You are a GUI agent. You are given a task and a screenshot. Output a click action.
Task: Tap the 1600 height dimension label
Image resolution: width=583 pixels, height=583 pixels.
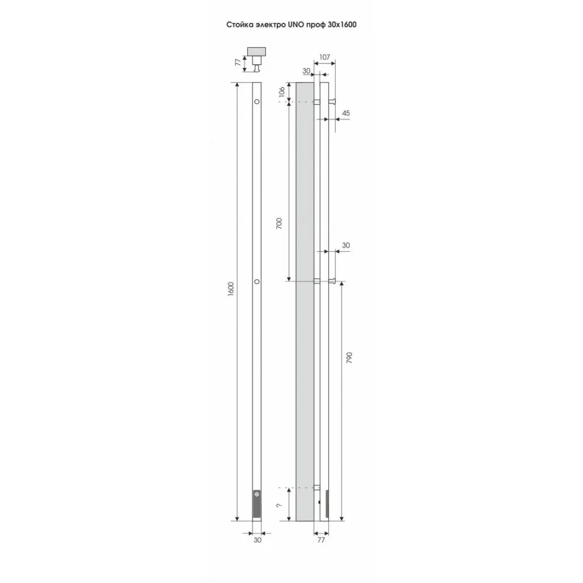230,289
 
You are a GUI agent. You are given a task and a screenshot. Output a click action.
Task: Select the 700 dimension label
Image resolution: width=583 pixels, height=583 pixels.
279,223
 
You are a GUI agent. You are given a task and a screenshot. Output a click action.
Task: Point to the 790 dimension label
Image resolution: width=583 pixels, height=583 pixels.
349,357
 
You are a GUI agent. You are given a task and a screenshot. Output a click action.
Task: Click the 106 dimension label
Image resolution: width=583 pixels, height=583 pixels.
282,92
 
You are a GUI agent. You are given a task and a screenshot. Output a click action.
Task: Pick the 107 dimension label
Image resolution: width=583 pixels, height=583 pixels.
325,57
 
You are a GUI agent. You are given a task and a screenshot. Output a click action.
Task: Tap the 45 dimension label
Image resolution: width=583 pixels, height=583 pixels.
346,113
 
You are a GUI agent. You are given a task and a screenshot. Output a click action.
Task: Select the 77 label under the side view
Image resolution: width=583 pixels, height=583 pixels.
321,539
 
